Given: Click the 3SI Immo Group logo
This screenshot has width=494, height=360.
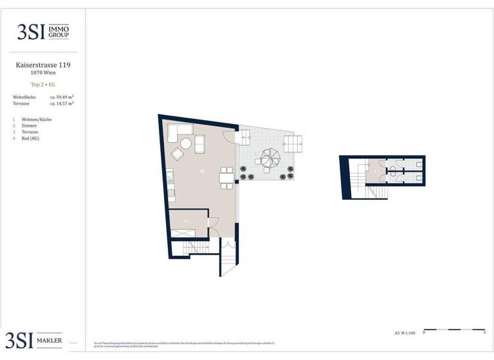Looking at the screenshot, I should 42,31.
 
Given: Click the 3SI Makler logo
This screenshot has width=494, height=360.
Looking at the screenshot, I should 35,340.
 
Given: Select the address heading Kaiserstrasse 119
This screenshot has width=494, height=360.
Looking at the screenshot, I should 42,65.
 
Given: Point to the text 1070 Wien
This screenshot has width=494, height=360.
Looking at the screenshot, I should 42,73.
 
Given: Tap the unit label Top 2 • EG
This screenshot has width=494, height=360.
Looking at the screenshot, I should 42,84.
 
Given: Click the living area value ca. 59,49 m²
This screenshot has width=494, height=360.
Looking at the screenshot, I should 61,96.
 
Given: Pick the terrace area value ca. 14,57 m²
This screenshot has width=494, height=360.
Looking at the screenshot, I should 61,103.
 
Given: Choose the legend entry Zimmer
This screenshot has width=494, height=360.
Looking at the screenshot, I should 29,126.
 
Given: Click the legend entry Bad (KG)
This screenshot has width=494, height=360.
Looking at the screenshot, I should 30,138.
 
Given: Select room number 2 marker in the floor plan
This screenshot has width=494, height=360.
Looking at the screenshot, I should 186,221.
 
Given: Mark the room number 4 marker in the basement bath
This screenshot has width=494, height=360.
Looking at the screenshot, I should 376,172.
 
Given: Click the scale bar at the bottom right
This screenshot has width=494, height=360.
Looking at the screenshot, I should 453,330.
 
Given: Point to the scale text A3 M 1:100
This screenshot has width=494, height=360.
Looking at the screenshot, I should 405,334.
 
